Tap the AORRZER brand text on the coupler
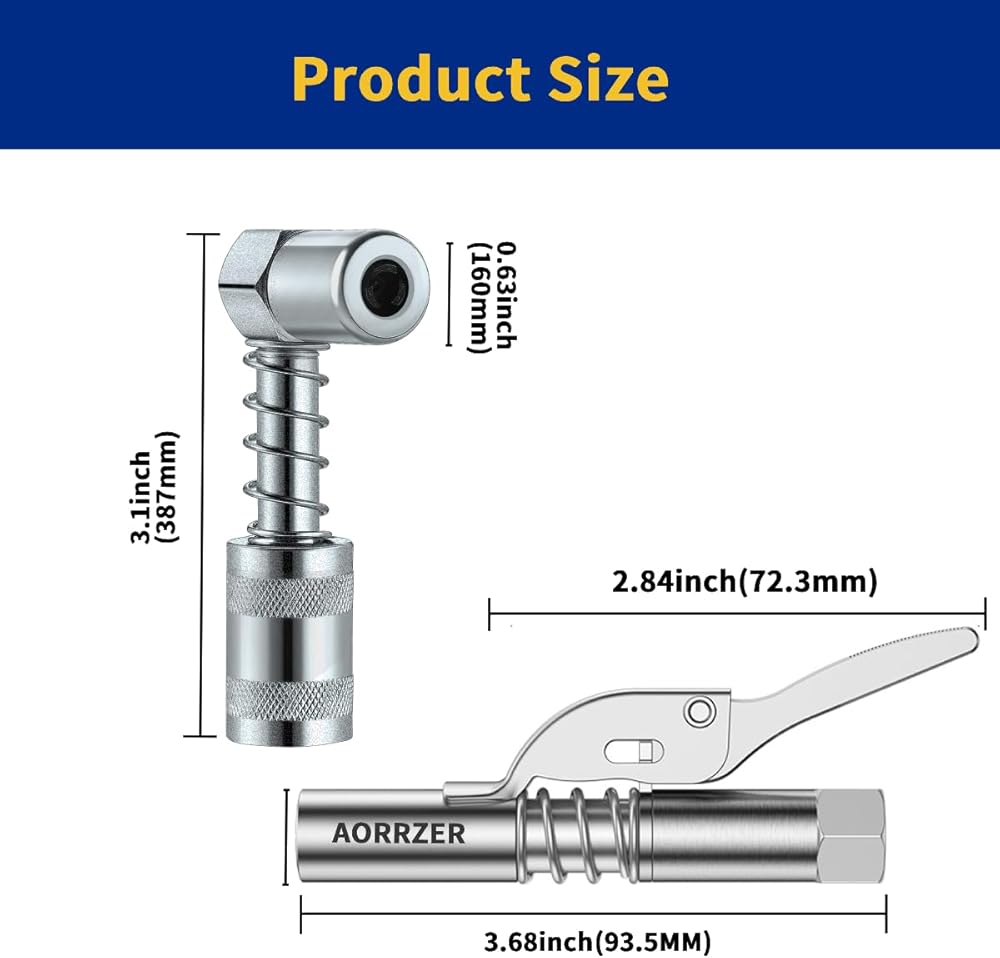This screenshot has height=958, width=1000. tap(399, 834)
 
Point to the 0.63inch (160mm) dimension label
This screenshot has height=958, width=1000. tap(492, 297)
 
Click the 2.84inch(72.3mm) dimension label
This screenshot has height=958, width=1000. tap(744, 582)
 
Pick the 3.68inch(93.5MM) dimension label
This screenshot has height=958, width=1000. tap(598, 941)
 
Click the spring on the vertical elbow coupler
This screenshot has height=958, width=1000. tap(286, 440)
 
